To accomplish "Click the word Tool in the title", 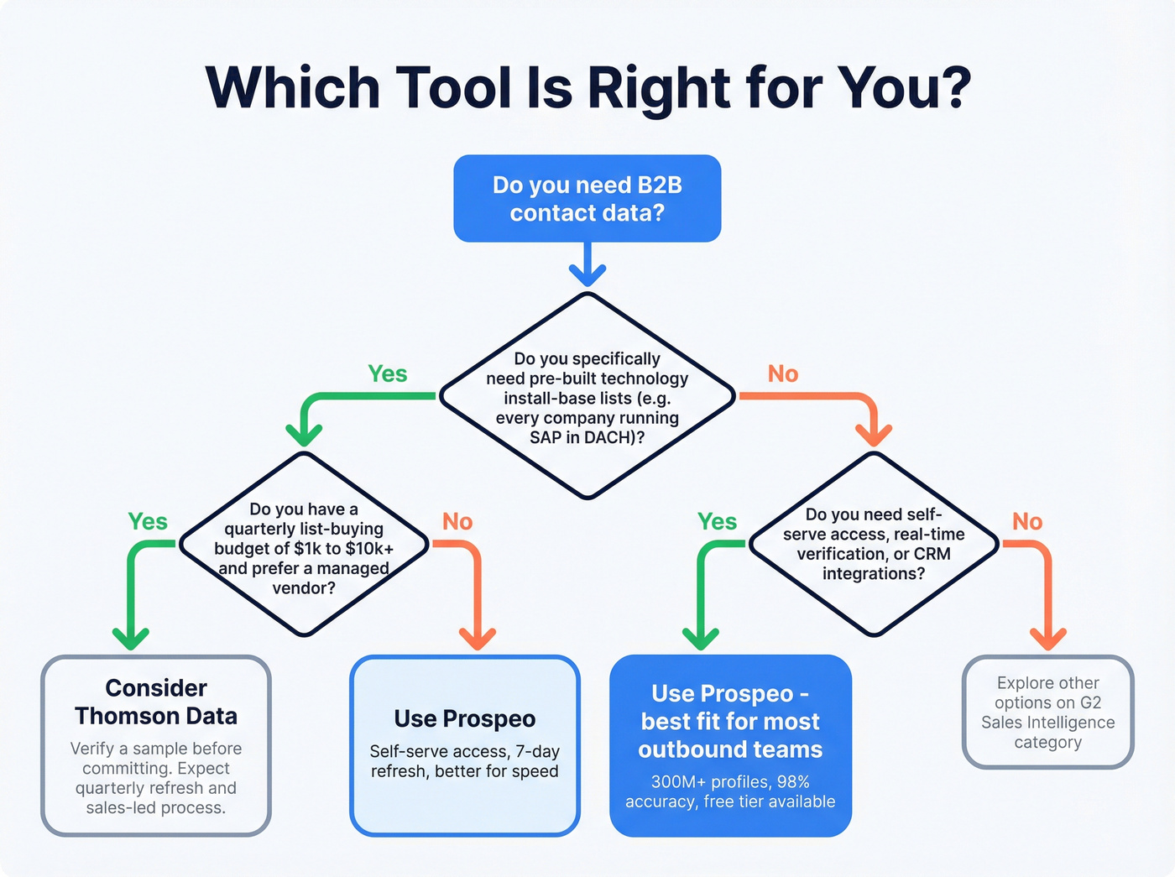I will (452, 87).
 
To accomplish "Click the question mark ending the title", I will (950, 87).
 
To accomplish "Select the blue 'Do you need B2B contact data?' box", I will (587, 199).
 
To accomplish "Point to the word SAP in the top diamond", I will (546, 437).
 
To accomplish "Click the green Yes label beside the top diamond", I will (388, 374).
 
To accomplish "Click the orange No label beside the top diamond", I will (783, 374).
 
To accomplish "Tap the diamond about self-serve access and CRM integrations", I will (874, 544).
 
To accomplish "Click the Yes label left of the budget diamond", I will (148, 522).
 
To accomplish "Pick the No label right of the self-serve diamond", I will (1027, 522).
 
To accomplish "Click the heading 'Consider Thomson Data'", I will (156, 702).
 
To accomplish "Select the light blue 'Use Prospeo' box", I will (465, 745).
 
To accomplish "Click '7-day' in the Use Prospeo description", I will (537, 751).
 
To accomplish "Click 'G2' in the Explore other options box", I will (1090, 702).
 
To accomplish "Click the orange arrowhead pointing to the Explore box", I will (1047, 639).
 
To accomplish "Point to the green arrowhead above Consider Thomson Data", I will (131, 639).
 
